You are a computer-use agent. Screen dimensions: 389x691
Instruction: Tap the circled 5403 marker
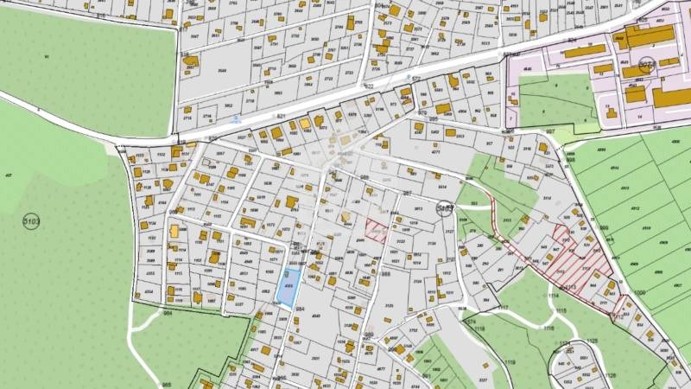(x=445, y=207)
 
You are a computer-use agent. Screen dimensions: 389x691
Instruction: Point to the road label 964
(x=168, y=314)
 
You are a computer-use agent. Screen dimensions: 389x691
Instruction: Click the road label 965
(x=166, y=384)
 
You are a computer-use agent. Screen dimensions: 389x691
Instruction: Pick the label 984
(x=301, y=307)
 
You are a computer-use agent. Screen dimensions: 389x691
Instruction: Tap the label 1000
(x=639, y=293)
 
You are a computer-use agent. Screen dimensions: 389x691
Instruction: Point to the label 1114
(x=554, y=297)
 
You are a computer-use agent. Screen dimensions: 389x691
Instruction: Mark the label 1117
(x=503, y=309)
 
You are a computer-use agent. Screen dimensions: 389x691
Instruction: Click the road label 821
(x=280, y=115)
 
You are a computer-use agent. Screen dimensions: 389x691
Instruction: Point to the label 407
(x=9, y=175)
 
